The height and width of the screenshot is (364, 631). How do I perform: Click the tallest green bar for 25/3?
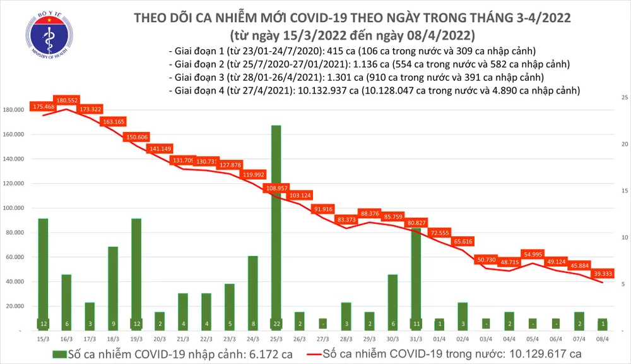tap(276, 221)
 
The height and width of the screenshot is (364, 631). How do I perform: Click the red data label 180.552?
tap(66, 100)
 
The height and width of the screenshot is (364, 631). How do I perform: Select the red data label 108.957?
tap(276, 188)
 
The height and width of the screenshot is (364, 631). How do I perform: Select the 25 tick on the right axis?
tap(623, 98)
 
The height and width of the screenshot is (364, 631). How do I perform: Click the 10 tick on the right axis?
tap(623, 238)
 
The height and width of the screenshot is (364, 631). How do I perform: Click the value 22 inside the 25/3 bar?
tap(276, 324)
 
